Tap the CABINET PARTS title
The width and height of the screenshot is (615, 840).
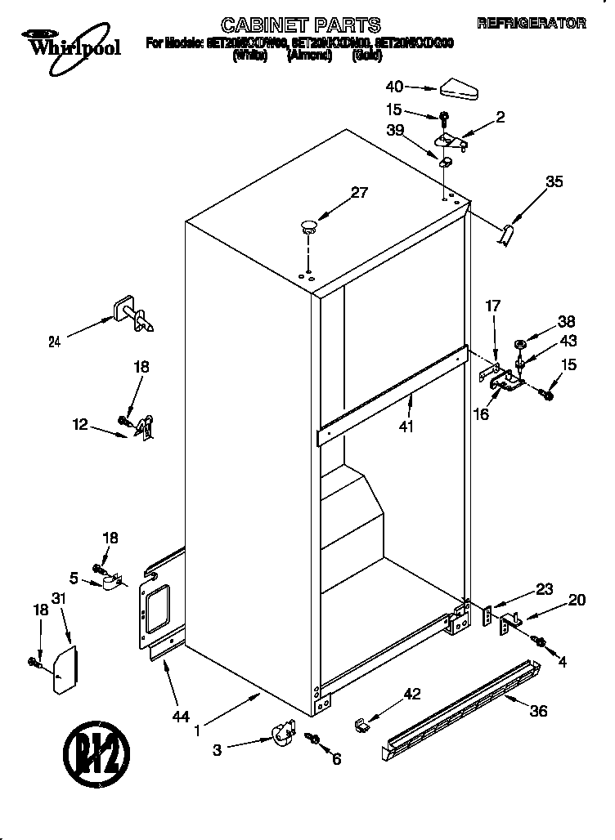[x=302, y=25]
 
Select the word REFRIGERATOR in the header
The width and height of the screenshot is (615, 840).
[x=531, y=24]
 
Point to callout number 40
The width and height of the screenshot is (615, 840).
[x=394, y=86]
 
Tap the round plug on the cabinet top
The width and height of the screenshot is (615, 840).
[x=309, y=226]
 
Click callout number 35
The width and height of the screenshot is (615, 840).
[x=554, y=182]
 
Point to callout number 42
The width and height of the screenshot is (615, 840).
[x=411, y=695]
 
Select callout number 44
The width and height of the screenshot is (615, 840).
[x=181, y=717]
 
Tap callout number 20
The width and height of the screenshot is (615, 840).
[x=576, y=601]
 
